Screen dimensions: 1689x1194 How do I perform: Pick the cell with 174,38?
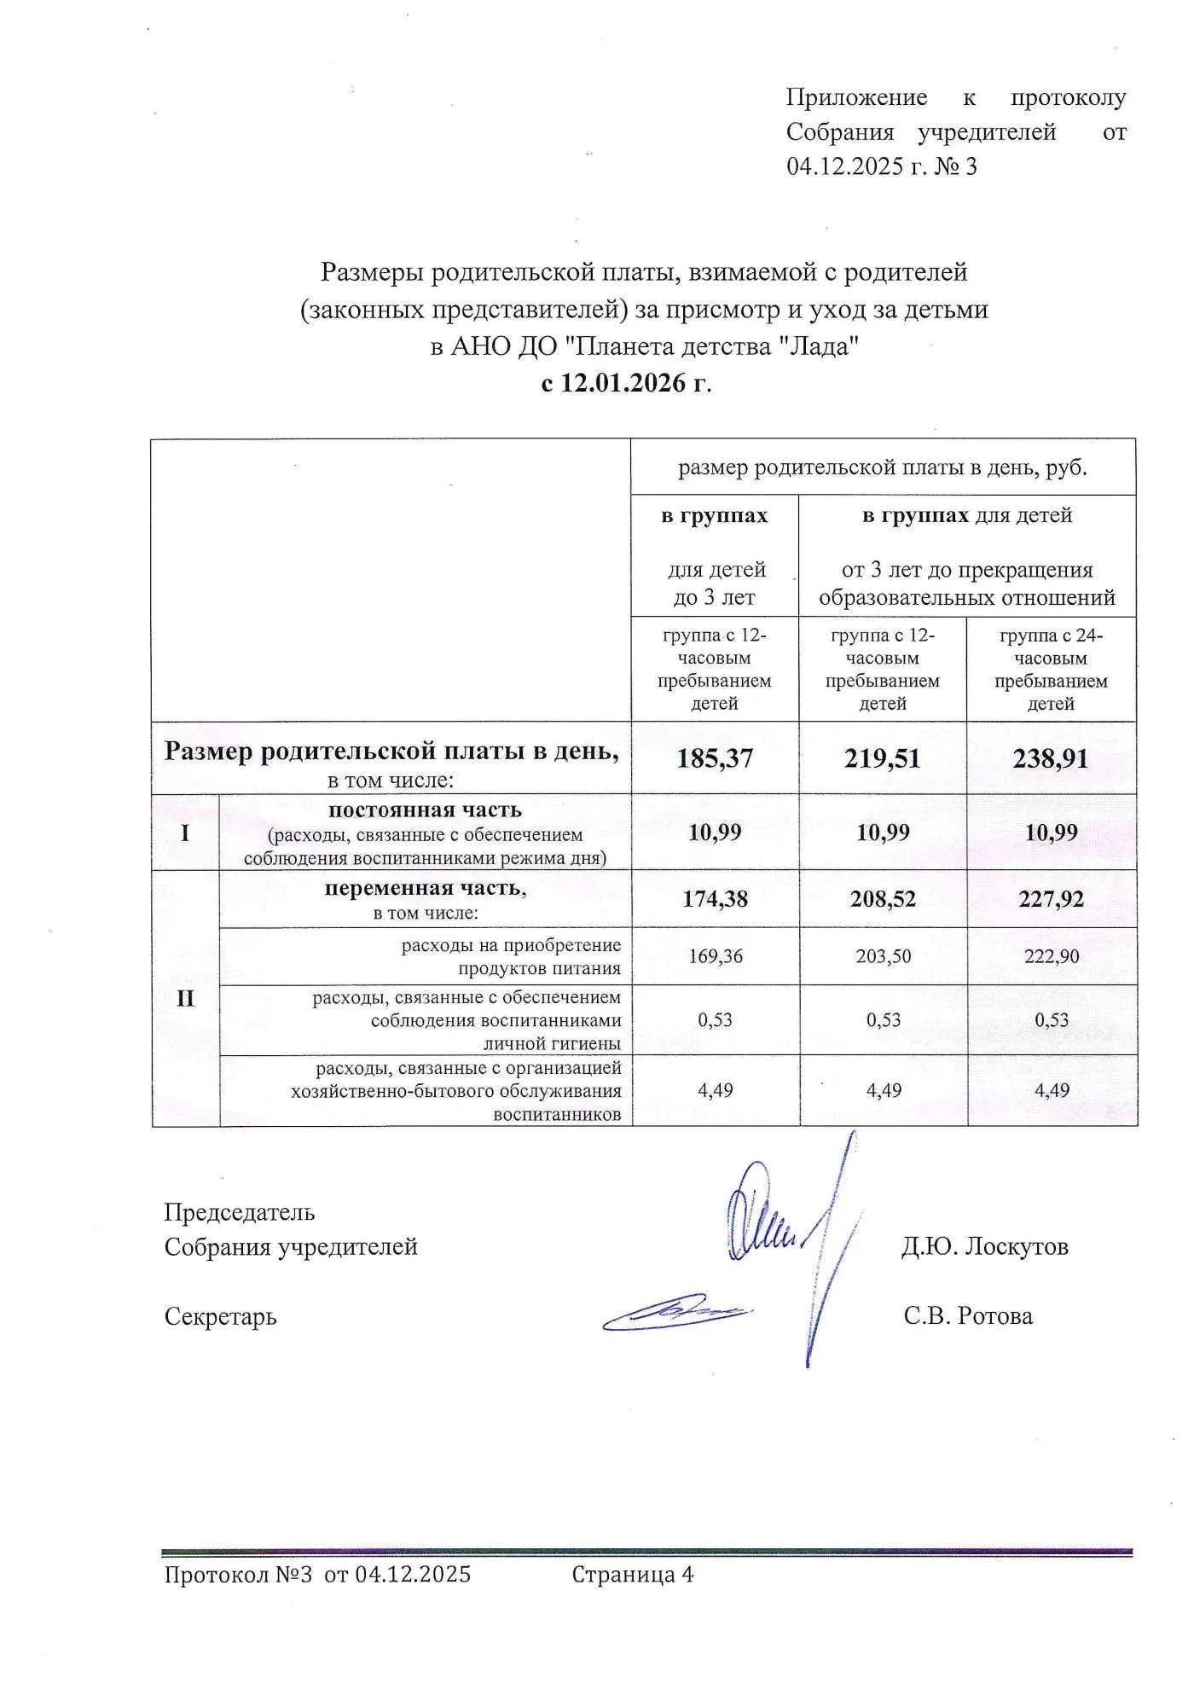715,899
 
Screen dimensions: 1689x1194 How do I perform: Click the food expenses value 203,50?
883,956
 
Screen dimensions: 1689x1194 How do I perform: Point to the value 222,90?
1052,956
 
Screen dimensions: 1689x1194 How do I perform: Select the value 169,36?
715,956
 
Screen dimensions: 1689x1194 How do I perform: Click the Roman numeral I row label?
185,833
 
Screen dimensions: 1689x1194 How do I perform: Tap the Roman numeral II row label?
185,998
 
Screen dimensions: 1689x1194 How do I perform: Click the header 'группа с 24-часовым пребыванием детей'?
1051,670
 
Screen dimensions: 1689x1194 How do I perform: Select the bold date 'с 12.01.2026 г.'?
626,383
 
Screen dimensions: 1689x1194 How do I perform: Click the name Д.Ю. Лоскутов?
985,1246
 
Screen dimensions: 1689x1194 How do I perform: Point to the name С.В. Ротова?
968,1316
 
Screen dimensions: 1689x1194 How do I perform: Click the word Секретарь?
220,1316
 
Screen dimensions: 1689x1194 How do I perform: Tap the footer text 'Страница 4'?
632,1575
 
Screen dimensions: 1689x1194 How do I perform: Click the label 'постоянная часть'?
425,810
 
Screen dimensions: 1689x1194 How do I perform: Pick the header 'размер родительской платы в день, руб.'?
883,467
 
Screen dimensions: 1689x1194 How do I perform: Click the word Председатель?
240,1212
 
